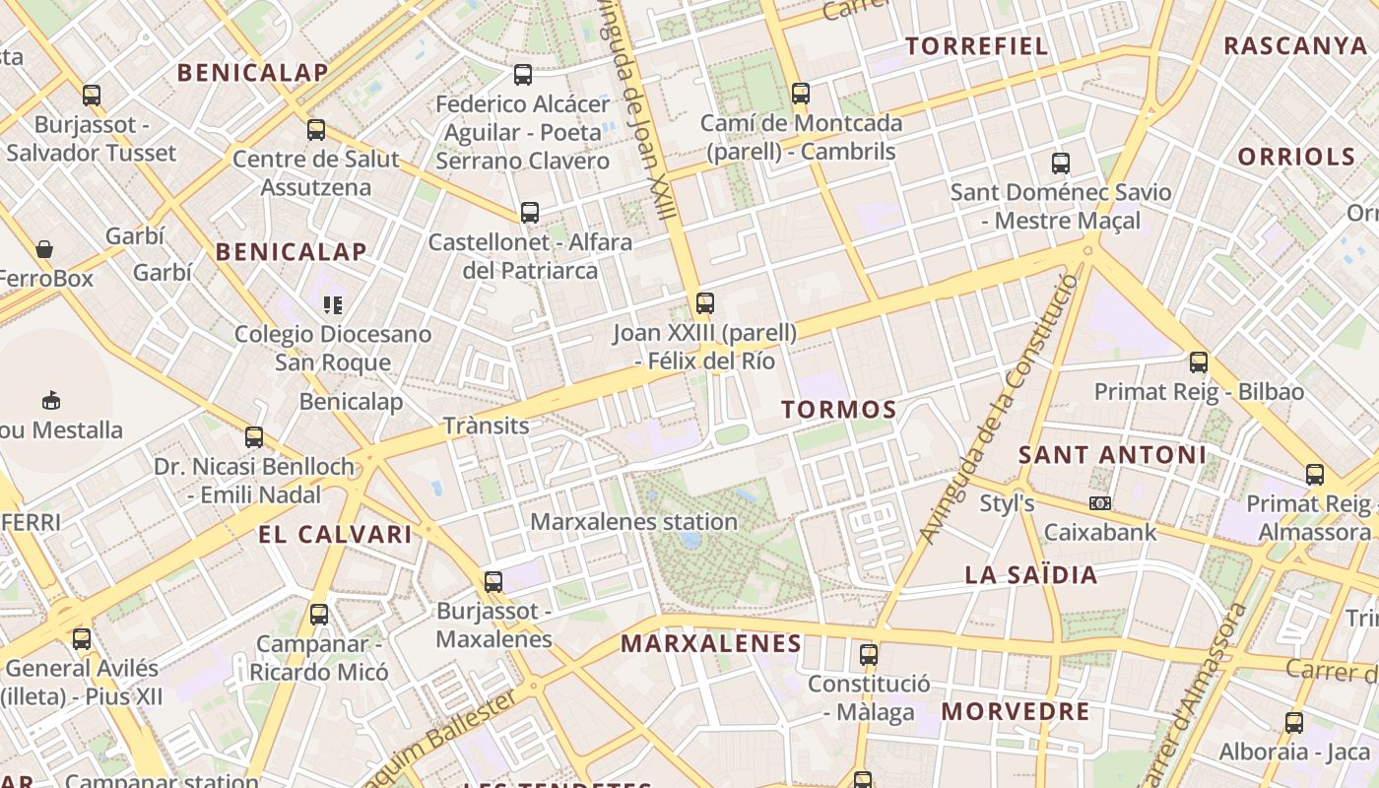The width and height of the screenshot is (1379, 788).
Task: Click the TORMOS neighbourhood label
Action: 838,410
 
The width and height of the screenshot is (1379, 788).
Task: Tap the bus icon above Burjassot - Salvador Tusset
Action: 92,96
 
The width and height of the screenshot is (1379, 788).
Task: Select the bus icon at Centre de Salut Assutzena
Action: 316,130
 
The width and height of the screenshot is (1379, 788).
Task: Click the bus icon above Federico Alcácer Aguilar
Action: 523,74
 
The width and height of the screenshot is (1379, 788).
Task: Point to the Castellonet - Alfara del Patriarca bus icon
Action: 530,212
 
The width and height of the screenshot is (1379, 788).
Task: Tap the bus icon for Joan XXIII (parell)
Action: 704,303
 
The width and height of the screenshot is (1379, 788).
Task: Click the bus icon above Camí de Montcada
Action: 801,94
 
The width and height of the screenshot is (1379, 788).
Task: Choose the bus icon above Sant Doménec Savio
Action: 1061,163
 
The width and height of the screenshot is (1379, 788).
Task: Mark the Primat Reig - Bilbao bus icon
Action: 1199,361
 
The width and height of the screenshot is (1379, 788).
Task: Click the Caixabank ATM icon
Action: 1100,503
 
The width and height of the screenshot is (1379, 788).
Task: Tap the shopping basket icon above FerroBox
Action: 44,249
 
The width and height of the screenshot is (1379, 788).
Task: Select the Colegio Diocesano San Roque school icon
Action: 332,305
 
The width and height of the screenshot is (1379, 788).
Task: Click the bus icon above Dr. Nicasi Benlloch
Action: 254,437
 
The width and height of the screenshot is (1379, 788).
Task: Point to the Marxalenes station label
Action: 634,522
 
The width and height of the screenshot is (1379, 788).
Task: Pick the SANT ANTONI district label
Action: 1112,455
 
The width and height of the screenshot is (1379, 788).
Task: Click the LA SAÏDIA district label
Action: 1031,575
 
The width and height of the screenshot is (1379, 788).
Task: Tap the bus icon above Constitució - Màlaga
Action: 868,654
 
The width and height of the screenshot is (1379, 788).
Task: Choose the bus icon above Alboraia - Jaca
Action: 1294,722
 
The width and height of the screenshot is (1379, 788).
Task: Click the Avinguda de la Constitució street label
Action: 998,410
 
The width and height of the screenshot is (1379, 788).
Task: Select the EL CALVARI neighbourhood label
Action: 335,535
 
